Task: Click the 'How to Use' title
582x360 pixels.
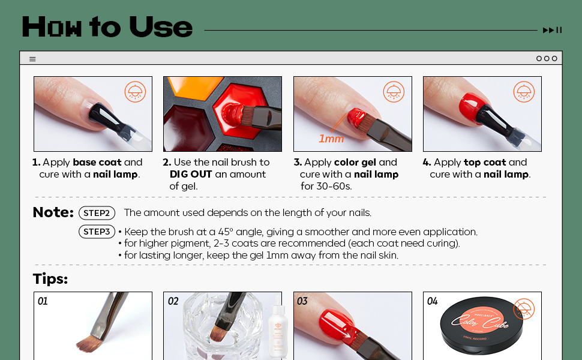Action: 107,28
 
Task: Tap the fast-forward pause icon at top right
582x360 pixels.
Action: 552,30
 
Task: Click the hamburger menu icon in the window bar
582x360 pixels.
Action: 32,59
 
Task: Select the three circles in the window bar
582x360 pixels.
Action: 547,58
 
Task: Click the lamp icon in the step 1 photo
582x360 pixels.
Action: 135,92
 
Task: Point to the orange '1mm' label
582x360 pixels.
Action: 331,139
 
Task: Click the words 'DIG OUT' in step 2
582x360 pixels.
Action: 191,174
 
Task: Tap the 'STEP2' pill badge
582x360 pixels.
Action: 97,213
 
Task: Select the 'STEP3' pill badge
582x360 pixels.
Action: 97,232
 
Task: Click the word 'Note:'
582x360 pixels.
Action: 53,212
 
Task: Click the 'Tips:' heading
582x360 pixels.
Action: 50,279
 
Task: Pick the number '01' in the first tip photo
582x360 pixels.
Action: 43,301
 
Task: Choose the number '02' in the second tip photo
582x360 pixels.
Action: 173,301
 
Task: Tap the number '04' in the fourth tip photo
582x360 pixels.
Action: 433,301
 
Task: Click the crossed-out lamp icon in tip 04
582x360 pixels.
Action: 524,310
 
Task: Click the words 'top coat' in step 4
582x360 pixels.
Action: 485,162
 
